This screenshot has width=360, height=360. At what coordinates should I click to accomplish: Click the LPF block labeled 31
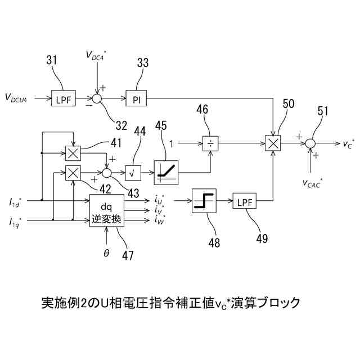(x=62, y=98)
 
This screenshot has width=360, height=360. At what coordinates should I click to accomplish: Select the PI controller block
(x=136, y=98)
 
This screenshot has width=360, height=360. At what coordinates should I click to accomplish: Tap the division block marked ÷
(x=210, y=143)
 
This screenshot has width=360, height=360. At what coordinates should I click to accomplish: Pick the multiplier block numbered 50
(x=273, y=143)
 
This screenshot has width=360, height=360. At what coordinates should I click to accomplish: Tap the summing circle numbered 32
(x=98, y=98)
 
